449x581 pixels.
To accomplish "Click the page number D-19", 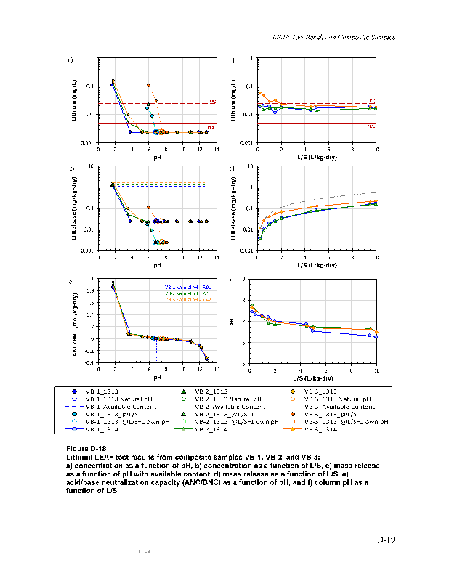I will [385, 539].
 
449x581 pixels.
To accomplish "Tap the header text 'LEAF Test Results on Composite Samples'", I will [333, 37].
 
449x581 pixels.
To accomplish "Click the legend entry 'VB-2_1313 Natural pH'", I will [217, 398].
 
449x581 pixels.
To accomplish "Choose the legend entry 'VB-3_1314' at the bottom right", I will [320, 429].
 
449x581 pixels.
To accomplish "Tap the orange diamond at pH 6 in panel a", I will [148, 86].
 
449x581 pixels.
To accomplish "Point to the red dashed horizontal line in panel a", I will [182, 103].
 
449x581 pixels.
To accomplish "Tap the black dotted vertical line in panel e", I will [156, 349].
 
